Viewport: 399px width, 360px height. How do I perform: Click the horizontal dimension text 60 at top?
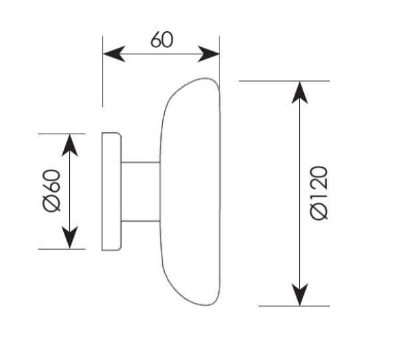tap(162, 40)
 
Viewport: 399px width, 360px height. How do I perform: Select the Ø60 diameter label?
tap(52, 191)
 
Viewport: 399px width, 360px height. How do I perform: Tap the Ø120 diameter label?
tap(319, 193)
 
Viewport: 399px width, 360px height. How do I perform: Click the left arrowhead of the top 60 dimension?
tap(114, 54)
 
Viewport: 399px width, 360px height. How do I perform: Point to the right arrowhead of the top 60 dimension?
tap(208, 54)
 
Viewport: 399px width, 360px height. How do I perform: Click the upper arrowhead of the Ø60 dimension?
tap(70, 145)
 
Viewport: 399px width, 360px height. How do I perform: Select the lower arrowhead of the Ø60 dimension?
tap(70, 238)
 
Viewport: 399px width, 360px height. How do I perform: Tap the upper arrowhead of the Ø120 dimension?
tap(300, 92)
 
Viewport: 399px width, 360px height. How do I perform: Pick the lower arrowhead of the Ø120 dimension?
tap(300, 295)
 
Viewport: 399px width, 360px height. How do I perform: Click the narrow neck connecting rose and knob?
tap(141, 192)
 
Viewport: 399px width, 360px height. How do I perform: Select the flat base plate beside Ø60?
tap(112, 191)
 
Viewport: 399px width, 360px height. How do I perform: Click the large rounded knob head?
tap(190, 191)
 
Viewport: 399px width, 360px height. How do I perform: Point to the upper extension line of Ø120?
tap(284, 81)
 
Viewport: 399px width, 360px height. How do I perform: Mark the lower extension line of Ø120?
tap(294, 306)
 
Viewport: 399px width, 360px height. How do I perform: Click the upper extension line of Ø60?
tap(62, 134)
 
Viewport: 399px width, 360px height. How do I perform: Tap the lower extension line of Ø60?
tap(62, 249)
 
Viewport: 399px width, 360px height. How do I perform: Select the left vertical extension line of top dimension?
tap(103, 72)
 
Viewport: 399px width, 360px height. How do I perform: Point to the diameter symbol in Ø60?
tap(52, 203)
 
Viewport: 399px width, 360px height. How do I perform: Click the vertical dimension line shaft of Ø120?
tap(300, 193)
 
